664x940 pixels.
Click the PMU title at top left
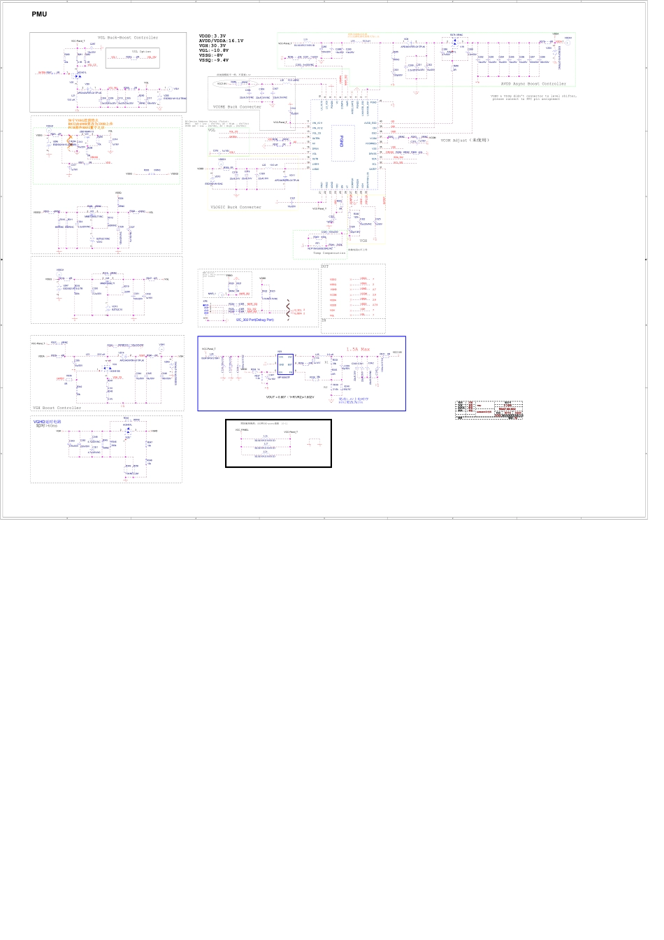[39, 14]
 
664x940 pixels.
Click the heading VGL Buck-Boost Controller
[127, 38]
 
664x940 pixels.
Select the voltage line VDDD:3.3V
[212, 36]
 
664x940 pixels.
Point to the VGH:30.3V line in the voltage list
[212, 45]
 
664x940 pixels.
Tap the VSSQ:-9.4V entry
[214, 60]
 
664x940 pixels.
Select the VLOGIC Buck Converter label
[236, 207]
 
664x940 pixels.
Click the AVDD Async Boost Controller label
[533, 84]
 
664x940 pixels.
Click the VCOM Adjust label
[465, 141]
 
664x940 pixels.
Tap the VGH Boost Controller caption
[57, 408]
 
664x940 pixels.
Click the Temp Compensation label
[329, 253]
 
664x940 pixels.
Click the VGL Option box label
[141, 52]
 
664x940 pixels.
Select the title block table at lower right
[489, 409]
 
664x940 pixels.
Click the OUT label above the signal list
[324, 266]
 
